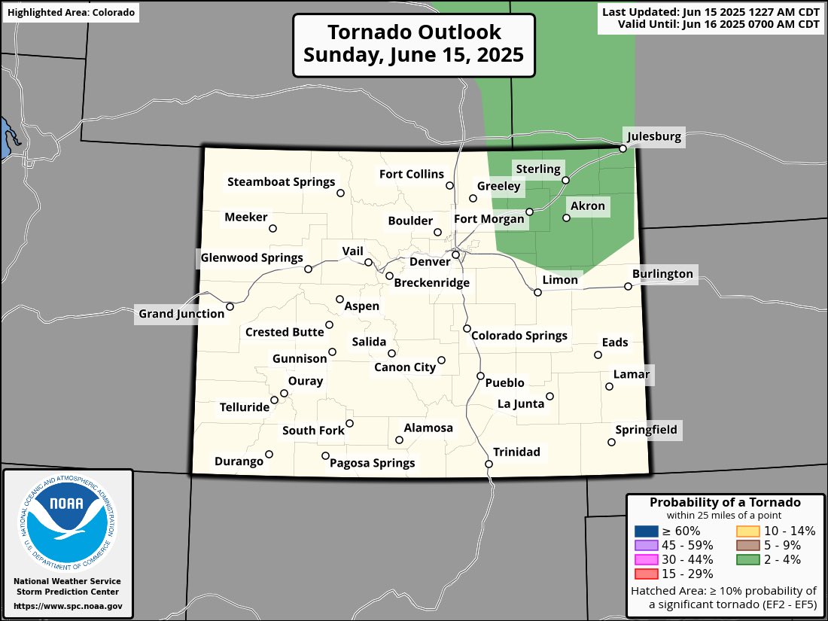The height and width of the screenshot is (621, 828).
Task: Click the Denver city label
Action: [x=429, y=261]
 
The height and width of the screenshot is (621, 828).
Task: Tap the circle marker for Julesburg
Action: [x=623, y=149]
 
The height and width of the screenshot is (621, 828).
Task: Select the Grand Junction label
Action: [x=181, y=313]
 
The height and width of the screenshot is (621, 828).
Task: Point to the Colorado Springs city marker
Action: [x=467, y=329]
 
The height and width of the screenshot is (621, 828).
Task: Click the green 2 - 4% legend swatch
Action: [x=747, y=559]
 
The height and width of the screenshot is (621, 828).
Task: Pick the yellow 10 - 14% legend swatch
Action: [x=747, y=531]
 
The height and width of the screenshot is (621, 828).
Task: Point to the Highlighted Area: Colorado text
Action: [x=71, y=13]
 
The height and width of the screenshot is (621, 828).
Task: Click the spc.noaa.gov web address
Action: [x=68, y=606]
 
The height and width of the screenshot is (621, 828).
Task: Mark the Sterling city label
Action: [x=537, y=169]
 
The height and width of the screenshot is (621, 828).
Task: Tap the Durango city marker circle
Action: [x=269, y=454]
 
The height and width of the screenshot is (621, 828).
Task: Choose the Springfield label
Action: [x=646, y=430]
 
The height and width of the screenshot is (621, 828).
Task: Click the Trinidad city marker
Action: [x=489, y=464]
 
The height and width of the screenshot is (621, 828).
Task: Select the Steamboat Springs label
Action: [x=281, y=182]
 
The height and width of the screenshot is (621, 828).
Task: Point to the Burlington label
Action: [x=662, y=273]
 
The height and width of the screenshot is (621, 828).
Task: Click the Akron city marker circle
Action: [x=567, y=218]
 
